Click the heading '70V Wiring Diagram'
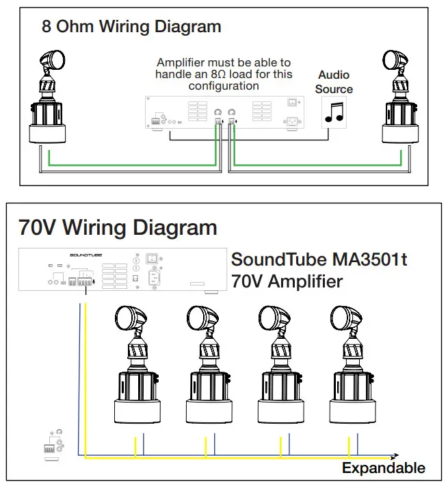[118, 227]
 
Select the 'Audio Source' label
[334, 81]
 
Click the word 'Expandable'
[383, 469]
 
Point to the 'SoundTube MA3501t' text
[319, 260]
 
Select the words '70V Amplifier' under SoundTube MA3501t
[287, 281]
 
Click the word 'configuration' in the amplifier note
[224, 86]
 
